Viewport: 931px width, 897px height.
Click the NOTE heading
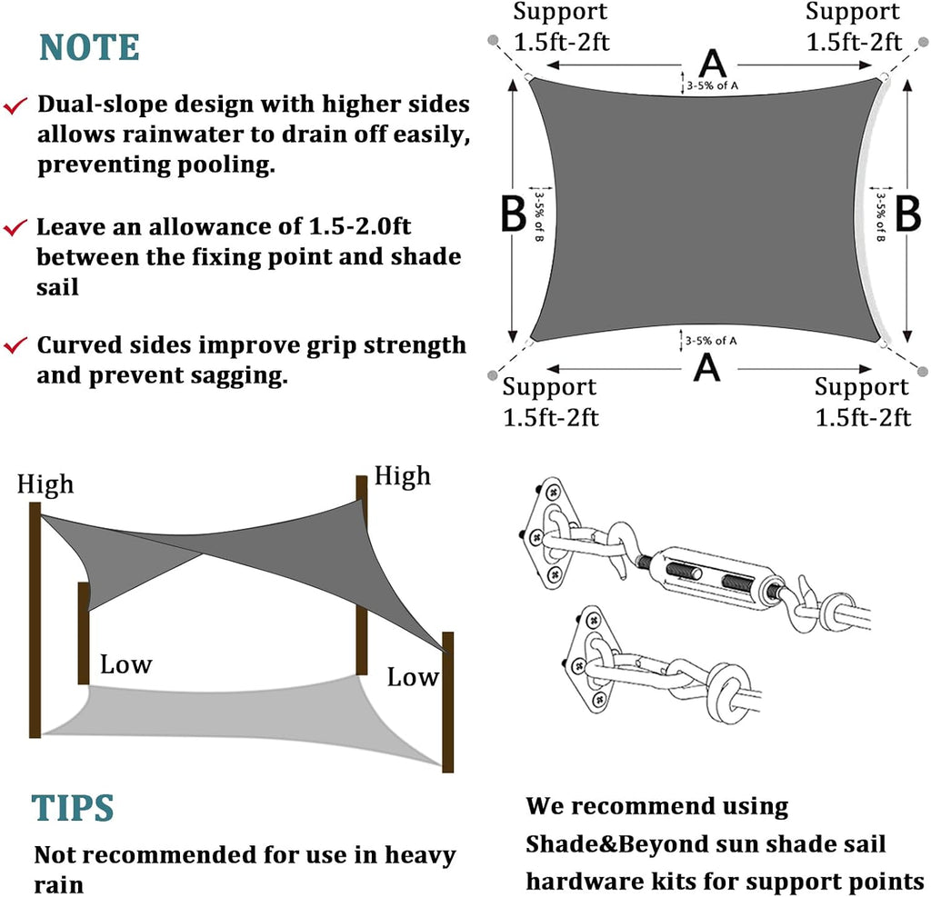(90, 47)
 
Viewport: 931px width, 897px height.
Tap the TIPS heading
(73, 808)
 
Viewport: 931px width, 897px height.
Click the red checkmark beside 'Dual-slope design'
(15, 106)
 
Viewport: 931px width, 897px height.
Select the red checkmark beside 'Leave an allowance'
(15, 228)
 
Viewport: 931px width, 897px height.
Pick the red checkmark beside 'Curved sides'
(15, 345)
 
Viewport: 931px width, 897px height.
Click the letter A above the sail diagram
(713, 64)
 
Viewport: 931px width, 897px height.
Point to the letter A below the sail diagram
(706, 367)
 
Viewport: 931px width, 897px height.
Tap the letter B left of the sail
(514, 214)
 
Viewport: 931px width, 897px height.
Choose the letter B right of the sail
(908, 214)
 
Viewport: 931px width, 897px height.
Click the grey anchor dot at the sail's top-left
(493, 40)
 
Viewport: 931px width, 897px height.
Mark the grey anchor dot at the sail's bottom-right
(922, 372)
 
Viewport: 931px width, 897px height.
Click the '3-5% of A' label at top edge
(713, 86)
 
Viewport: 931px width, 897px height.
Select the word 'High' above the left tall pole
(45, 484)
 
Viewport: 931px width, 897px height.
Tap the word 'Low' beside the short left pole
(125, 664)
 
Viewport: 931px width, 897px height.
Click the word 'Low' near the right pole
(414, 677)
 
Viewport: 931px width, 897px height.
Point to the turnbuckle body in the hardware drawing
(718, 577)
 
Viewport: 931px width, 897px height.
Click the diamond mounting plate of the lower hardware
(588, 659)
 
